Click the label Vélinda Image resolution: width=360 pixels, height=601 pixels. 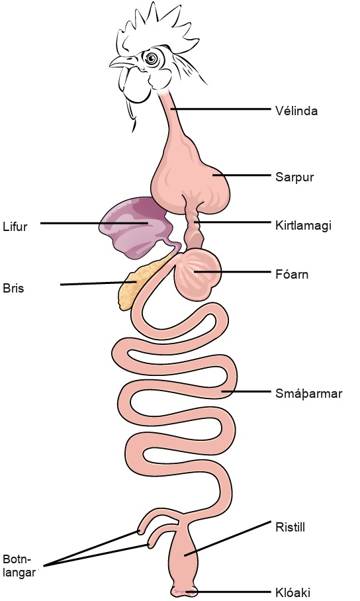296,111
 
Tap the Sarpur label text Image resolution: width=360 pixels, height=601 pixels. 294,177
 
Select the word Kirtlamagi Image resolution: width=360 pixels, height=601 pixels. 303,225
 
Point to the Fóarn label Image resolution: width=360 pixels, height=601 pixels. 292,275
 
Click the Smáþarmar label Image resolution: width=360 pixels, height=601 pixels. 308,394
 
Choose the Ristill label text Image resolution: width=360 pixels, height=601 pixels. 290,527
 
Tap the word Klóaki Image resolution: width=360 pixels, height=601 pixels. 292,592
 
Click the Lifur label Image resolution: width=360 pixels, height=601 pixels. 15,226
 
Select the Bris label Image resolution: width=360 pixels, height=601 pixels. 13,288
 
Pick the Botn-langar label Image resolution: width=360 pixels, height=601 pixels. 19,566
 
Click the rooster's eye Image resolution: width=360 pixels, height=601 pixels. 152,58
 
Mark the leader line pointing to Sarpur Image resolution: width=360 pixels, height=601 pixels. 242,175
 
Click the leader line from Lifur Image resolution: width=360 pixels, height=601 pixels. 94,222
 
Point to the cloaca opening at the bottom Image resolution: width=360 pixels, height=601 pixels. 185,592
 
